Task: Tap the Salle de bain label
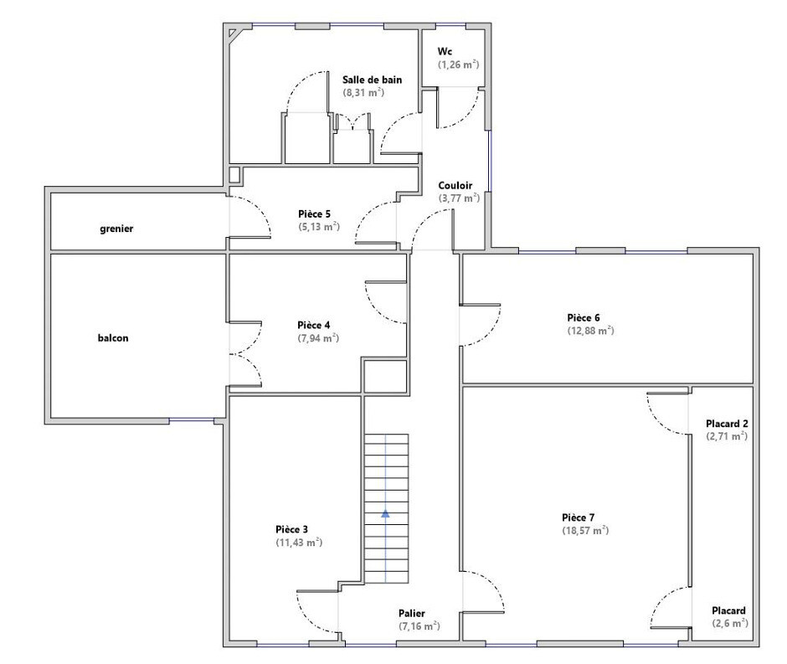372,80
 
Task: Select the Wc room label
445,51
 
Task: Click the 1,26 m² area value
458,64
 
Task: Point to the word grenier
116,229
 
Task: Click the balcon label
113,337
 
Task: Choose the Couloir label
455,185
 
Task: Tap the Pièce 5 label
314,214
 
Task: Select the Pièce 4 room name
314,325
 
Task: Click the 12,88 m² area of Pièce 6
590,330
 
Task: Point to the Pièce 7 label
579,517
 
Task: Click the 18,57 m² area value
585,530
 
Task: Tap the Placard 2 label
727,424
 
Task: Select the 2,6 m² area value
730,623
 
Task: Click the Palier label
412,613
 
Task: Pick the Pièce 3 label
291,529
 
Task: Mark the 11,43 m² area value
299,542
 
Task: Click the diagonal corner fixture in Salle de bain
234,33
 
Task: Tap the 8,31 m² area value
363,92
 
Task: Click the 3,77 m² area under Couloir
459,198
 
